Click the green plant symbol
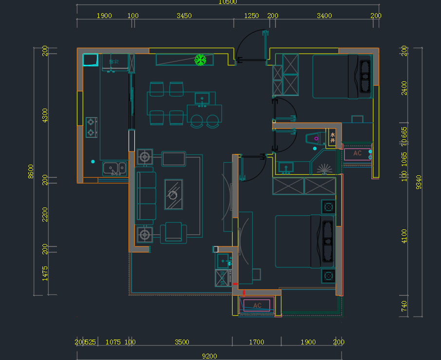pos(200,60)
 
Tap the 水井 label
pos(333,137)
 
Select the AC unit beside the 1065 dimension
pos(357,154)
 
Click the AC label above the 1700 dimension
pos(257,305)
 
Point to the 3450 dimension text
pos(184,16)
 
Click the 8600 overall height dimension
pos(31,171)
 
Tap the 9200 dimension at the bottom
pos(209,356)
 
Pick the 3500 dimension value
pos(182,342)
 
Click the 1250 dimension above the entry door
pos(251,16)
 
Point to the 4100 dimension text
pos(404,236)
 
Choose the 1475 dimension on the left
pos(45,273)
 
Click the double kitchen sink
pos(114,169)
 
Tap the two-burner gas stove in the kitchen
pos(91,127)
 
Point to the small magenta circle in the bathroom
pos(316,139)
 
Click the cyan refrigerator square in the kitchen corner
pos(90,59)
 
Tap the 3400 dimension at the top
pos(324,16)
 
